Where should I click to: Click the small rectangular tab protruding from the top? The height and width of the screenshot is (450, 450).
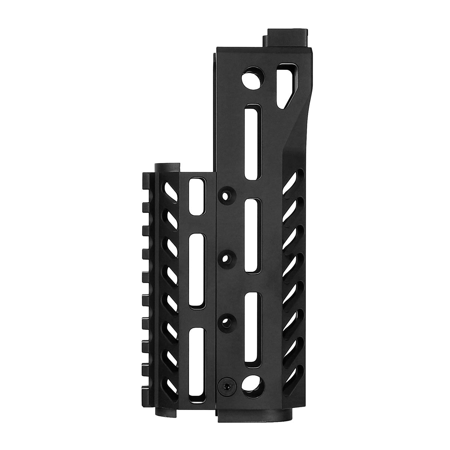[x=289, y=37]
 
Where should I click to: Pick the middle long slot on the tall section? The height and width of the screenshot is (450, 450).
[x=251, y=236]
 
